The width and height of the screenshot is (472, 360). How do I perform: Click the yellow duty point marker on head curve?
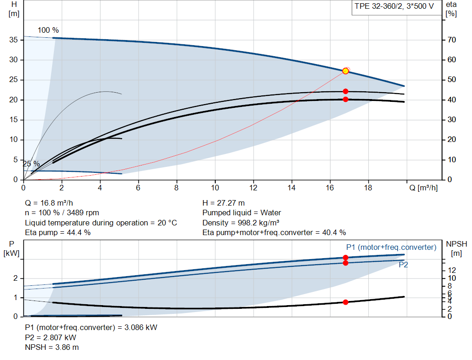pos(345,71)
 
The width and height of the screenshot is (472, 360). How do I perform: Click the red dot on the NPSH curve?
pos(345,302)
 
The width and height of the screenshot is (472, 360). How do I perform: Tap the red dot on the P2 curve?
pos(345,263)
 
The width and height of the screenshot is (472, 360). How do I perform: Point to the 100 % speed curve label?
pos(48,30)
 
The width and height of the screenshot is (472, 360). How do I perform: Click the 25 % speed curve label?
pos(31,164)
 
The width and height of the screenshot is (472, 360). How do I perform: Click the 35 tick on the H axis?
pos(14,40)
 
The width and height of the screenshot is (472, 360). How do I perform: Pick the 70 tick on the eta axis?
pos(451,40)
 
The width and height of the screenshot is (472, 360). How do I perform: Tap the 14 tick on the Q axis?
pos(291,188)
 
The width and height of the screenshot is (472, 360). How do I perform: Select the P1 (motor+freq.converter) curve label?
pos(391,248)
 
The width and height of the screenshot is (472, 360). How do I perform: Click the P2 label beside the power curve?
pos(403,265)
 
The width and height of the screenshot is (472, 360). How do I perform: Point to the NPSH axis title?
pos(454,248)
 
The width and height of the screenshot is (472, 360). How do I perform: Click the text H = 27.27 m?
pos(224,203)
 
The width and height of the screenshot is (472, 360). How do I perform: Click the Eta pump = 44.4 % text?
pos(58,233)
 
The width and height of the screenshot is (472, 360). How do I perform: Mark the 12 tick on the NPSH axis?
pos(452,270)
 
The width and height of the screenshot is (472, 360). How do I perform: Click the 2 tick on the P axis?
pos(15,278)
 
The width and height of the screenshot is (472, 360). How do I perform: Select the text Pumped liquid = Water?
pos(242,213)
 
